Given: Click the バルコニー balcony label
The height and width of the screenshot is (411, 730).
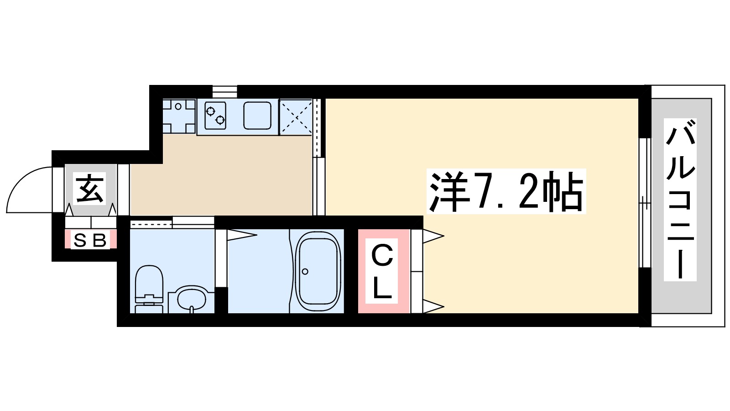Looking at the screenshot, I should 680,200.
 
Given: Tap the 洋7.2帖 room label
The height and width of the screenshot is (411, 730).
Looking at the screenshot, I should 506,192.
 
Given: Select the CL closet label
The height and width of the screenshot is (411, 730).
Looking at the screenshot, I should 382,272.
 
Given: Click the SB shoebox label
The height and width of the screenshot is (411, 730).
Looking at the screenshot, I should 90,240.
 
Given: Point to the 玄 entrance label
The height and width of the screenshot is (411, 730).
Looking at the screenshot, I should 90,188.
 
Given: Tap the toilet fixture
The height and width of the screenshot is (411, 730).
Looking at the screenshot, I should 149,288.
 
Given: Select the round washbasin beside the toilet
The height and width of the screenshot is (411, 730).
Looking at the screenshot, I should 192,299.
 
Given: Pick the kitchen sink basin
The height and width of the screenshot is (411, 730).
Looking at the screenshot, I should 257,115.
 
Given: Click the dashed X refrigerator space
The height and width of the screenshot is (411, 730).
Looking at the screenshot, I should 296,116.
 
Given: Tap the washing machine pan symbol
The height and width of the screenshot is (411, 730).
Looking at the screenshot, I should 179,116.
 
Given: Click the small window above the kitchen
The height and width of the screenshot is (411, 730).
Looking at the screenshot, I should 224,91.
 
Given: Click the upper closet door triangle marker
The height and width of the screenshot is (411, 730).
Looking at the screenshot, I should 433,236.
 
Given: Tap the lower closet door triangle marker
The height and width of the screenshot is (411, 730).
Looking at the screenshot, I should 433,306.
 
